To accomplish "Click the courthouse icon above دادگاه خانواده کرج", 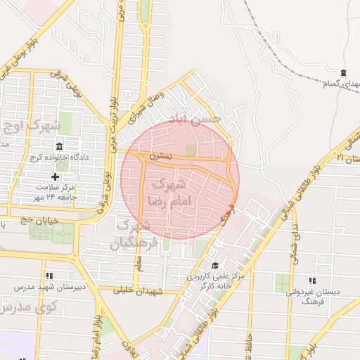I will tap(58, 146).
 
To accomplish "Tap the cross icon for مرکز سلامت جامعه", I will tap(56, 176).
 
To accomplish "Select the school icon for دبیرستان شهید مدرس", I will tap(49, 276).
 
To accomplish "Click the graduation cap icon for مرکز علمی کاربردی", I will tap(215, 266).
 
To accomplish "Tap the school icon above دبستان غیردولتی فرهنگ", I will tap(312, 281).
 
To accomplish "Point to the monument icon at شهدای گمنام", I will tap(343, 73).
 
